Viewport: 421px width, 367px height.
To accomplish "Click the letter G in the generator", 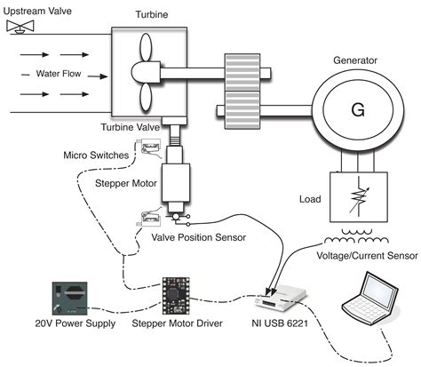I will tap(357, 109).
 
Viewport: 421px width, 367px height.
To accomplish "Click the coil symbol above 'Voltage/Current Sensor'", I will tap(355, 240).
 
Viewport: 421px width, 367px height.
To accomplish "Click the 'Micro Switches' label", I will tap(95, 156).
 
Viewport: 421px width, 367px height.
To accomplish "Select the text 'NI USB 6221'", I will tap(277, 324).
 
